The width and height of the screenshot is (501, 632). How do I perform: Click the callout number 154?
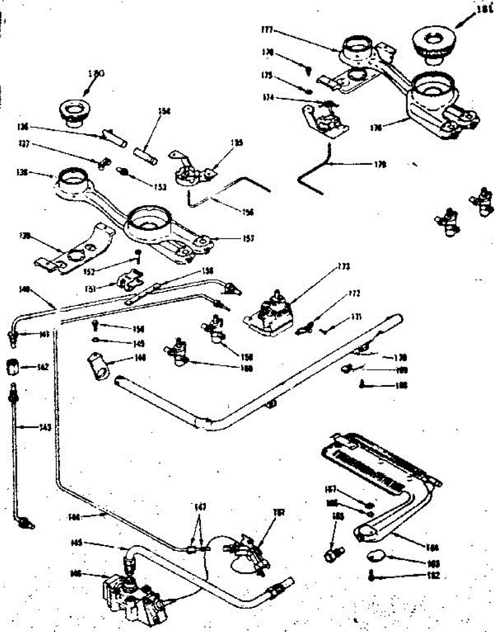(166, 111)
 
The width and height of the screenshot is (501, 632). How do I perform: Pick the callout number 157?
(248, 239)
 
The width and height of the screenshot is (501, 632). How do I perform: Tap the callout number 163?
(434, 563)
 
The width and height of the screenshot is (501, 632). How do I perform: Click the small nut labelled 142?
(13, 366)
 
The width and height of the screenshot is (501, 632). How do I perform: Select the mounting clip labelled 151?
(129, 281)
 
